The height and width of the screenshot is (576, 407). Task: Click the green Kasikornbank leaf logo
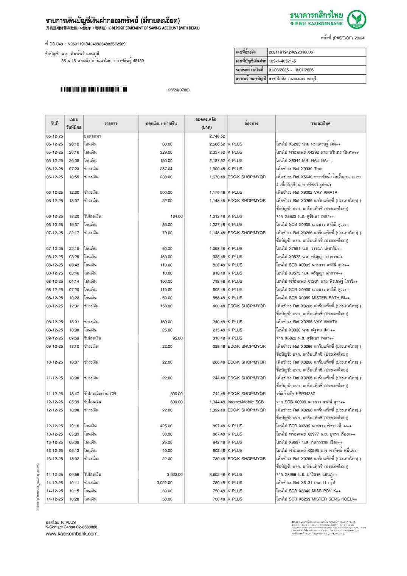coord(356,19)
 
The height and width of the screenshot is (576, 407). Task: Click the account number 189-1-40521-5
coord(282,61)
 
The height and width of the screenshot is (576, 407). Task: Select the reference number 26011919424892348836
coord(290,52)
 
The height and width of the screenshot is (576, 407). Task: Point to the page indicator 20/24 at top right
coord(359,38)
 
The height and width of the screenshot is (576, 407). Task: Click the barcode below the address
coord(93,90)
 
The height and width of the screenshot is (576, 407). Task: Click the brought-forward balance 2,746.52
coord(217,136)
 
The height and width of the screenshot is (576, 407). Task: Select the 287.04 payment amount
coord(166,169)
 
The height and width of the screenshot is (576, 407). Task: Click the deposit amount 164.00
coord(176,216)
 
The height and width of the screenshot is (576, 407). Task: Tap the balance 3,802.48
coord(217,475)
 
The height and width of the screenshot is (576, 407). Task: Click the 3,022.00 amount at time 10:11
coord(165,483)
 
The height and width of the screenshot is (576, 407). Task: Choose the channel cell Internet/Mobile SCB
coord(245,402)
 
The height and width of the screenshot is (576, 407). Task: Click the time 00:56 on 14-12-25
coord(74,475)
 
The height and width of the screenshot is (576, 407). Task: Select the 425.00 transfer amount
coord(166,426)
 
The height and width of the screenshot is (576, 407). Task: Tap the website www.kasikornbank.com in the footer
coord(71,534)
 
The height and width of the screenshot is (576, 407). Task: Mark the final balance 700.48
coord(219,499)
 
